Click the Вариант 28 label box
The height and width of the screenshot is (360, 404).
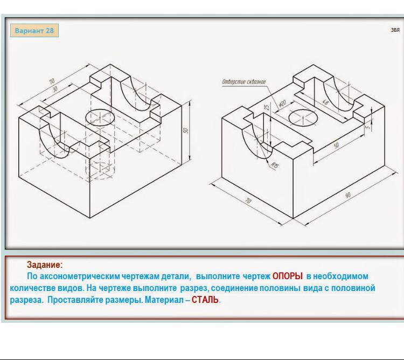(34, 30)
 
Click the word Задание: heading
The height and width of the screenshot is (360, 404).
(45, 265)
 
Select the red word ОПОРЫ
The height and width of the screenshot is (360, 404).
(287, 276)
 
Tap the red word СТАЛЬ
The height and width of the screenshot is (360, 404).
(205, 300)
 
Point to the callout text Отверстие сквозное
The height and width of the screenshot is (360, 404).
(243, 82)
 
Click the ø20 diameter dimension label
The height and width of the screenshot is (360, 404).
(282, 103)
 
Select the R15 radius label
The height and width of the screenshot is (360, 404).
(274, 165)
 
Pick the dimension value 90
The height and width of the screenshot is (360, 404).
(348, 195)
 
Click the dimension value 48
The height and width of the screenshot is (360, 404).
(325, 102)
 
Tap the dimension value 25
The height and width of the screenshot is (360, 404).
(267, 106)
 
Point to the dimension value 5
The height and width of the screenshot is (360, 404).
(368, 127)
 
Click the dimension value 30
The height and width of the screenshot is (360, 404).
(55, 89)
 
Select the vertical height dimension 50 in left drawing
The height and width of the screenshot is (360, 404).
(185, 130)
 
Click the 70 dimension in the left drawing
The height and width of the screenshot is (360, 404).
(52, 81)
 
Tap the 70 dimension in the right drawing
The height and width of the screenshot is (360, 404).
(248, 200)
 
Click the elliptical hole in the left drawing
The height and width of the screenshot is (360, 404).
(100, 117)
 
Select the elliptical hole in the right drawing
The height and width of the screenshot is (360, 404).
(303, 117)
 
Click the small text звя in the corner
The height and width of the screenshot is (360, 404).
(395, 30)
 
